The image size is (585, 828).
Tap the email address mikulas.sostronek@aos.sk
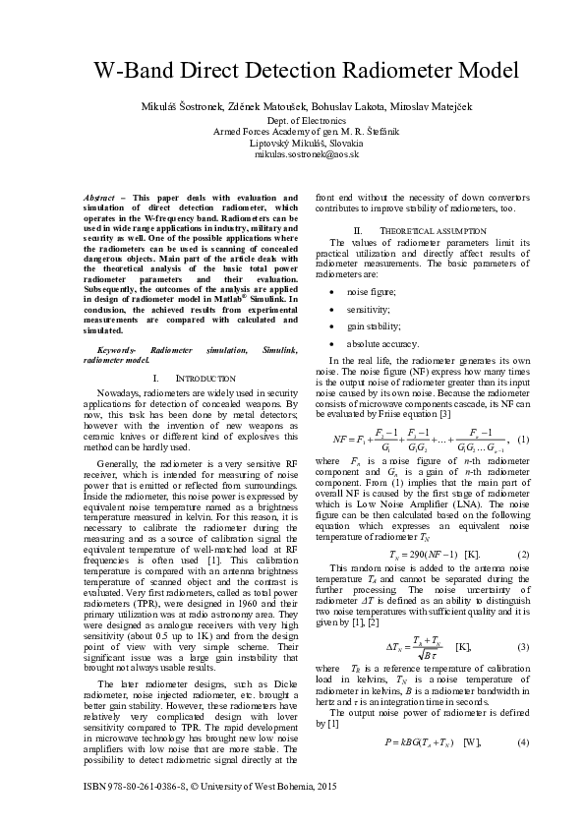coord(292,154)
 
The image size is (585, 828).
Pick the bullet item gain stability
coord(371,325)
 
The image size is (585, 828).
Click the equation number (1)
coord(524,438)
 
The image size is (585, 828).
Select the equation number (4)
coord(524,713)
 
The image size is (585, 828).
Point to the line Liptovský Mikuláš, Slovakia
coord(292,143)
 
